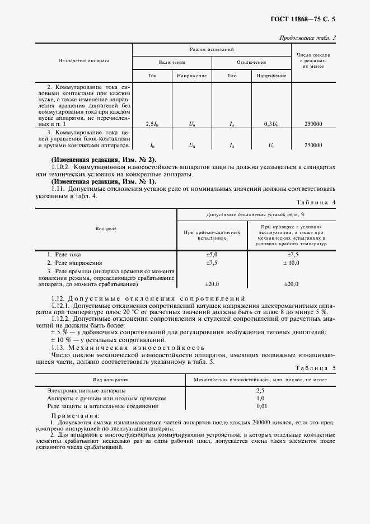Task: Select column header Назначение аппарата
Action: [83, 60]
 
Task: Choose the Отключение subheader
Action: [251, 62]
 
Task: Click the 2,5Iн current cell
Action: [152, 123]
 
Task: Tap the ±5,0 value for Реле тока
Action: [212, 254]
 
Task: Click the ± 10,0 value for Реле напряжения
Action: [291, 263]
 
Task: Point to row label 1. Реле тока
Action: [64, 254]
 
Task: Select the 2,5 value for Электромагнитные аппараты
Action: [260, 390]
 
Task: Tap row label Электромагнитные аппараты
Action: [86, 390]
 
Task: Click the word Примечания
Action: [74, 416]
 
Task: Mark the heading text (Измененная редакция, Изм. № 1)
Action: [104, 181]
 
